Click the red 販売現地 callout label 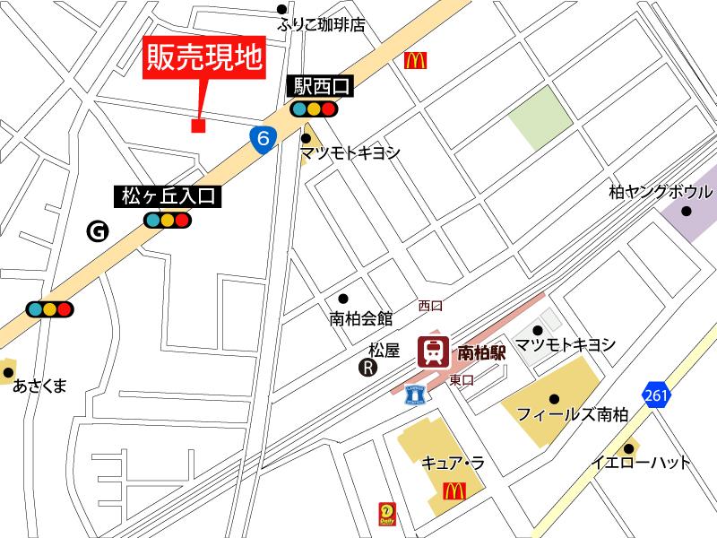coord(204,57)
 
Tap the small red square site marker coord(198,126)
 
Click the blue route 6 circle coord(261,137)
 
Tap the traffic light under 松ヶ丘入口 coord(168,220)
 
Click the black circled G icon coord(97,231)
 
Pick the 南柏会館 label coord(361,317)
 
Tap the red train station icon coord(434,351)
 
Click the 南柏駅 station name coord(482,352)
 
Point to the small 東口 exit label coord(462,379)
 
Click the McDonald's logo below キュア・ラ coord(454,490)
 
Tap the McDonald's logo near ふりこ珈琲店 coord(415,60)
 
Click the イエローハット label coord(641,464)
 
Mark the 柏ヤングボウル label coord(660,192)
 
